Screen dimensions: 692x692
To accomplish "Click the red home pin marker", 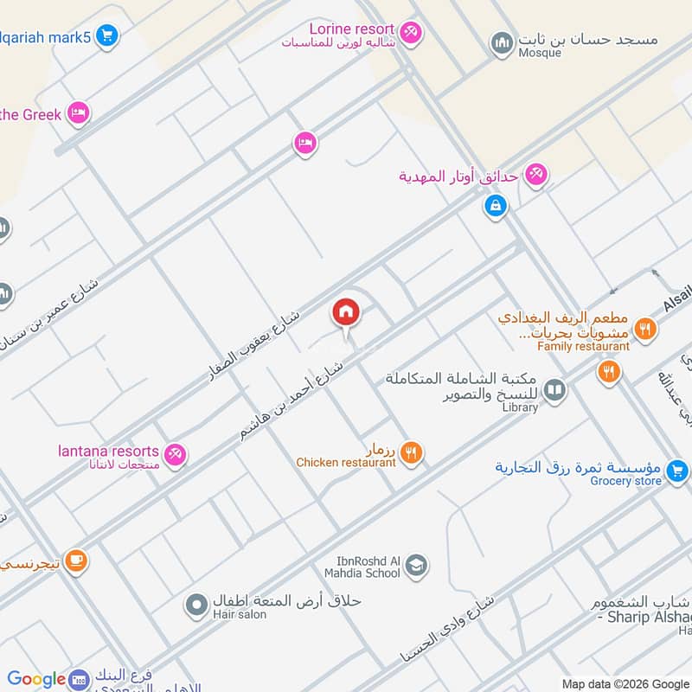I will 345,313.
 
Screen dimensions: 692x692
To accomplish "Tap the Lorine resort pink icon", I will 411,32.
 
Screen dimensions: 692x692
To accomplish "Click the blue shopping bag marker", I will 495,206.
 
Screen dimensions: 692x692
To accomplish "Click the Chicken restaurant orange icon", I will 412,452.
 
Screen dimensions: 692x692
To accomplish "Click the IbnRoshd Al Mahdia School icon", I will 416,565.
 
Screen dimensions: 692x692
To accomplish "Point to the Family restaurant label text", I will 583,347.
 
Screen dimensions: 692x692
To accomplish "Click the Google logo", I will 36,679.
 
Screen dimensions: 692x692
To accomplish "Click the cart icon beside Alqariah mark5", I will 107,35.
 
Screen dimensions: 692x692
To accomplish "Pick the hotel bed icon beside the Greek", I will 79,113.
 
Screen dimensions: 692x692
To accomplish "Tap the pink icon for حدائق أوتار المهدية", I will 536,176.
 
